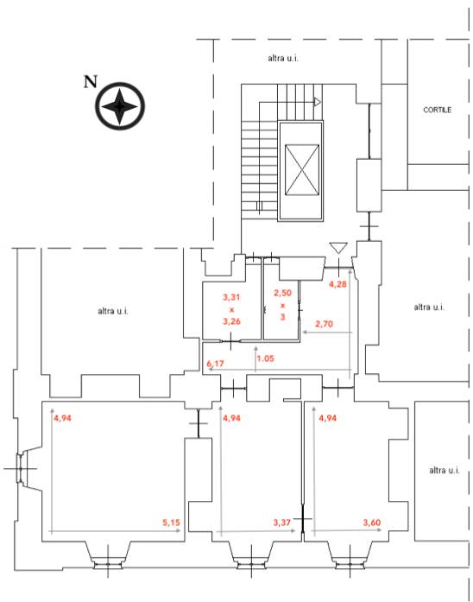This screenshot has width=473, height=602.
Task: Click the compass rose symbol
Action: tap(120, 106)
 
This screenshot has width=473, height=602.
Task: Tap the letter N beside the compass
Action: tap(91, 82)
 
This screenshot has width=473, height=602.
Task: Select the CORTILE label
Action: tap(437, 110)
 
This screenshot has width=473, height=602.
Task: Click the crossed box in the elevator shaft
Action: tap(302, 169)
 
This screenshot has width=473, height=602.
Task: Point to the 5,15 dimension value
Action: tap(171, 523)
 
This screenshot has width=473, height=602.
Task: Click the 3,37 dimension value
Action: tap(282, 523)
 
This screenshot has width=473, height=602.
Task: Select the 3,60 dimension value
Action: tap(372, 523)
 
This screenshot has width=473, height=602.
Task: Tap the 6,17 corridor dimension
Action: tap(215, 364)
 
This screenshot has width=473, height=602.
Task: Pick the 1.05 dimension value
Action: tap(266, 358)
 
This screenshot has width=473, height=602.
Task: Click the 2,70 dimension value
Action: tap(325, 324)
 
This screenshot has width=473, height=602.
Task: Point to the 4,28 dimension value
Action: tap(338, 284)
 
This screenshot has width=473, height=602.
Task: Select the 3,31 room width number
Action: tap(231, 297)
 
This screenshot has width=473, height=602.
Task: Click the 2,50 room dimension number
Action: tap(283, 293)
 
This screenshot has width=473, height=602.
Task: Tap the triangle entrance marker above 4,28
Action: tap(338, 248)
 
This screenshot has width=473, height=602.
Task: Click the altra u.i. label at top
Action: tap(283, 58)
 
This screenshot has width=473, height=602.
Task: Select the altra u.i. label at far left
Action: tap(113, 311)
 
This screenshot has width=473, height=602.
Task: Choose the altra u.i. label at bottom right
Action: tap(445, 470)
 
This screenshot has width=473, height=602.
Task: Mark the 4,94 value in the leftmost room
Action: tap(62, 418)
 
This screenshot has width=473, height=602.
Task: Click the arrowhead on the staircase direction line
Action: tap(318, 102)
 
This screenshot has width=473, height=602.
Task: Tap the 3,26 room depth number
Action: tap(231, 321)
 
